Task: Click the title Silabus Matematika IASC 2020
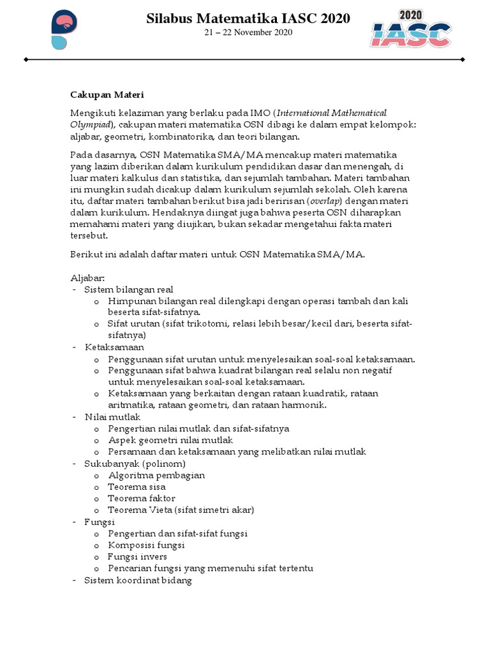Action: click(x=248, y=19)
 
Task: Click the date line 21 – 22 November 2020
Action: click(x=248, y=33)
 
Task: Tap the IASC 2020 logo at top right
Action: click(x=412, y=29)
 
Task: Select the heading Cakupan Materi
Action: click(x=107, y=95)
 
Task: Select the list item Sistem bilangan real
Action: click(x=128, y=290)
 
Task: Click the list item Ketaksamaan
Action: click(x=115, y=348)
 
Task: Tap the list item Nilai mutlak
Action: click(x=112, y=417)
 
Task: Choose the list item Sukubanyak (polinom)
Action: click(x=135, y=464)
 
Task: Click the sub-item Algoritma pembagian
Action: click(x=156, y=475)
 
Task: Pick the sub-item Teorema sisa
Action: click(x=138, y=487)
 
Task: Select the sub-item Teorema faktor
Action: click(x=142, y=498)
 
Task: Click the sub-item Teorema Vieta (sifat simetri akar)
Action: click(x=181, y=510)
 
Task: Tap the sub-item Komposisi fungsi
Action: click(x=146, y=545)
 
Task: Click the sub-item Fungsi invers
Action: click(x=137, y=557)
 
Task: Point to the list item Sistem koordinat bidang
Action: click(x=138, y=580)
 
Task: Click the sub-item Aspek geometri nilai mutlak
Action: click(x=170, y=440)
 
